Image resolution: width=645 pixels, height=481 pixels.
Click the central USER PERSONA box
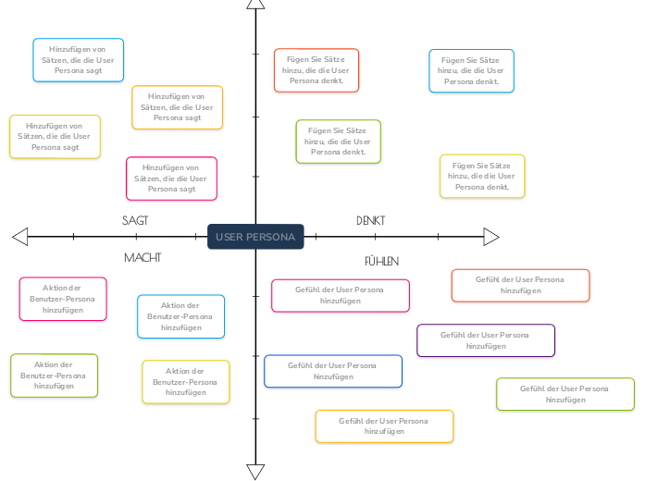tap(255, 237)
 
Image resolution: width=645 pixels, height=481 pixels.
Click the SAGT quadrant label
tap(135, 220)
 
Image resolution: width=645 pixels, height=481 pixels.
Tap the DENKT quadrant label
tap(370, 220)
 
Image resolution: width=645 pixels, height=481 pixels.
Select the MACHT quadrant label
tap(143, 257)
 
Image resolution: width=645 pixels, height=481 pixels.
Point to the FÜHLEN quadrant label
tap(381, 261)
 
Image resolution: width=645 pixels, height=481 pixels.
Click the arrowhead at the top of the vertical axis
tap(255, 5)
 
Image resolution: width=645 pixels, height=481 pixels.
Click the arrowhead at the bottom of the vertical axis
tap(255, 472)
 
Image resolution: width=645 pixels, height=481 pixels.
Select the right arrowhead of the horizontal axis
tap(491, 238)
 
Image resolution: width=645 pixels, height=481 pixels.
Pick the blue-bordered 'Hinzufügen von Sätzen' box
tap(79, 60)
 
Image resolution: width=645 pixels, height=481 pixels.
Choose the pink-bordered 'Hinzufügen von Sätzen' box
tap(172, 179)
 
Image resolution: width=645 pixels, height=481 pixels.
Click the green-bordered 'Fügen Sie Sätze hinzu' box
tap(338, 142)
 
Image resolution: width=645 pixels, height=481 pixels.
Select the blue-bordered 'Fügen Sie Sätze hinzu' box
tap(471, 71)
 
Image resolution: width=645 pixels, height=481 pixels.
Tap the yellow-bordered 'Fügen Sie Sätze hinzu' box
tap(482, 176)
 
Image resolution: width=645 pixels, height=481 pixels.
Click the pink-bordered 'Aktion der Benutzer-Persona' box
tap(63, 299)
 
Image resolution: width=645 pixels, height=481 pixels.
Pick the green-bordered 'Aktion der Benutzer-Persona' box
tap(54, 376)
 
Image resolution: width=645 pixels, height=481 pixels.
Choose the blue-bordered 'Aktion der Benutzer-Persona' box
tap(180, 316)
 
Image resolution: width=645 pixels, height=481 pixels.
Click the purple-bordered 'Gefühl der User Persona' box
tap(486, 340)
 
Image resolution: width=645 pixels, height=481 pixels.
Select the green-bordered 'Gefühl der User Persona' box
tap(565, 394)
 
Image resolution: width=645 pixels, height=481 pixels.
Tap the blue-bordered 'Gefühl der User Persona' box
tap(333, 371)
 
